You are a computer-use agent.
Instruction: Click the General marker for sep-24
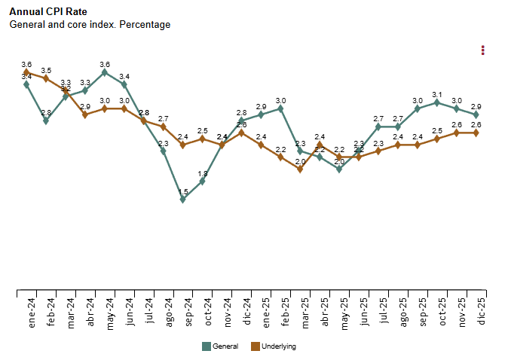click(x=183, y=199)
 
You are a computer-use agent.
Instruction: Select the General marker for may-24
click(x=105, y=72)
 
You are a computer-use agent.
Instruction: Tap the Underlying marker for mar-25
click(x=300, y=169)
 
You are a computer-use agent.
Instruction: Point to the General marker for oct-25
click(x=437, y=102)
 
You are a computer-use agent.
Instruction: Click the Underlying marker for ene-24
click(x=26, y=72)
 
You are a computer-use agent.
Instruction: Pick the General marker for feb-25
click(x=280, y=108)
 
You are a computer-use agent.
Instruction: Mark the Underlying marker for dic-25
click(x=476, y=133)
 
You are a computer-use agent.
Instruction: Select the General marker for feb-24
click(x=46, y=121)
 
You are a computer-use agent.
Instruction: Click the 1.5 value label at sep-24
click(x=183, y=191)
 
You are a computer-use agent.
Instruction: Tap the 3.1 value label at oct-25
click(x=437, y=95)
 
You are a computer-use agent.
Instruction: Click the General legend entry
click(x=220, y=346)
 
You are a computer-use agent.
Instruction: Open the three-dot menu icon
click(x=482, y=50)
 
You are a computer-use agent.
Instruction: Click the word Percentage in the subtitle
click(x=145, y=25)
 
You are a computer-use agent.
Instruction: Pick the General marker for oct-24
click(x=203, y=181)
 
